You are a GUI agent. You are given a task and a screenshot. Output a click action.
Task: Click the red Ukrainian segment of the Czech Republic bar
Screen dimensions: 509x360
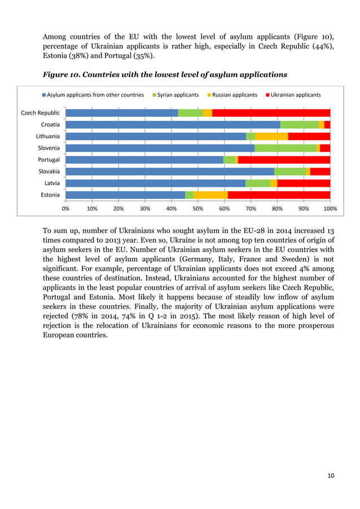pos(271,113)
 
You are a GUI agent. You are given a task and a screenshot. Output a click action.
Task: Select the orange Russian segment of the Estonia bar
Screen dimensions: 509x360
pos(210,195)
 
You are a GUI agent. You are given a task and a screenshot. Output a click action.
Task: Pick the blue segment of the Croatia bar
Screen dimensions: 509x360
pos(173,125)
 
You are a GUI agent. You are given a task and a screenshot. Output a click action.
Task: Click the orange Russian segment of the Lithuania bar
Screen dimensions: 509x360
pos(271,136)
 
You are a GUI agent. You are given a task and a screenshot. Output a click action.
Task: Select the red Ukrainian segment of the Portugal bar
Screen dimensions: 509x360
pos(284,160)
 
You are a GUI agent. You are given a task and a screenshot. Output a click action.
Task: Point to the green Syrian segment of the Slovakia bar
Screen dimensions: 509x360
pos(290,171)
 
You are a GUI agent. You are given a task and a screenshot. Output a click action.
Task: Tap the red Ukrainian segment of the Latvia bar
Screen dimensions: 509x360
pos(304,183)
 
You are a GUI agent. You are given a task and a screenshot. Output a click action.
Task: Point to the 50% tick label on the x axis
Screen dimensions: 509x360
pos(198,208)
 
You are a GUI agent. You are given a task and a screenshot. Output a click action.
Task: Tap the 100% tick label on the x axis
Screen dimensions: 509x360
pos(330,208)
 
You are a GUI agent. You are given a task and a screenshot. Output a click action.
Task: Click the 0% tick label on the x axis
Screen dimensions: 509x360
pos(65,208)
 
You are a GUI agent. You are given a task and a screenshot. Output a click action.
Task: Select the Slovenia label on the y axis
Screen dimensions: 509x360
pos(49,148)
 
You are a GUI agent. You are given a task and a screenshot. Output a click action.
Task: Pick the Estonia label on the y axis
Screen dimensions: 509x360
pos(50,195)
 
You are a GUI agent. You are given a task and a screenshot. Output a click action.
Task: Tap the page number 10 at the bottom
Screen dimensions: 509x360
pos(331,476)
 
